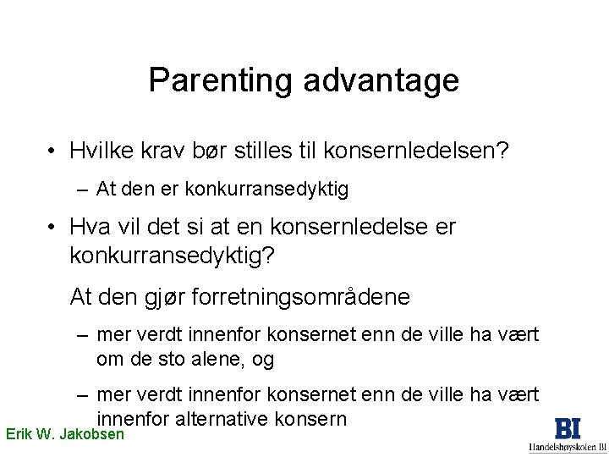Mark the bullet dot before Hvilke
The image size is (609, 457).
[52, 151]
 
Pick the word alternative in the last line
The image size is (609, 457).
[226, 419]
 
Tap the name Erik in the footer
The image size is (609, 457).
[20, 435]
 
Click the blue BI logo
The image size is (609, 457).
[567, 428]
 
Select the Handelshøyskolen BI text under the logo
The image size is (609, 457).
[567, 448]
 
